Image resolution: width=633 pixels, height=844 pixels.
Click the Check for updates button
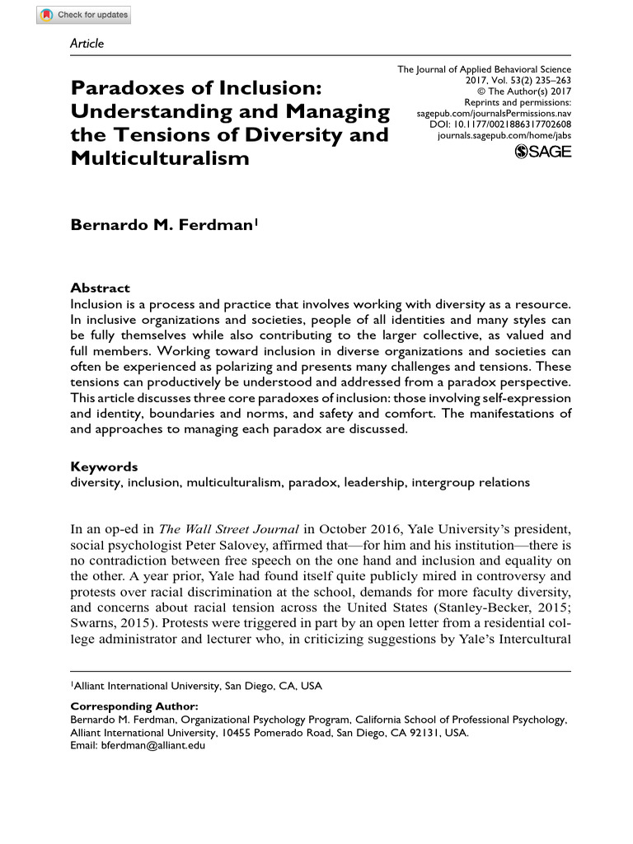pos(83,15)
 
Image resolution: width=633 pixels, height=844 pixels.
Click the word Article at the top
pos(87,44)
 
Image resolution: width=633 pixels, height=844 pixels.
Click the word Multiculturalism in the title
pos(159,157)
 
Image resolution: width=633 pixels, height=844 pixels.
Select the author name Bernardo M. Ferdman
pos(162,224)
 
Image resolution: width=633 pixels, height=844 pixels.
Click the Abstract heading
pos(100,288)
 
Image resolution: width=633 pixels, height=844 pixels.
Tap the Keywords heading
pos(104,467)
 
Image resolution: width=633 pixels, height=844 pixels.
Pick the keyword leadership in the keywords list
pos(373,482)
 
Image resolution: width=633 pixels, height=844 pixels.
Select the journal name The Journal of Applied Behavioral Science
pos(485,70)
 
